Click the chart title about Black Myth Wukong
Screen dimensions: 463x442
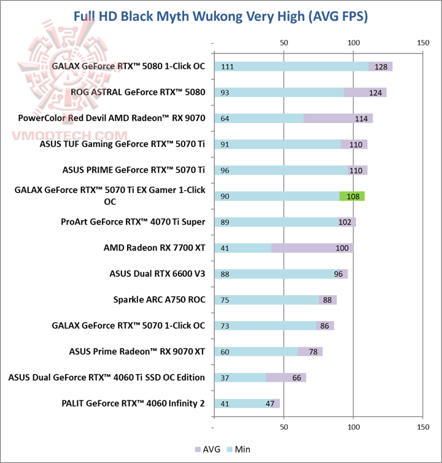point(221,16)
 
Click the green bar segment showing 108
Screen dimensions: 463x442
point(352,196)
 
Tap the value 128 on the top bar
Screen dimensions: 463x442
point(380,67)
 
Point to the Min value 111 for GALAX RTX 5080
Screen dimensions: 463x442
point(227,67)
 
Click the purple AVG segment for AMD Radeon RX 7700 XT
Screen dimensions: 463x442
point(312,248)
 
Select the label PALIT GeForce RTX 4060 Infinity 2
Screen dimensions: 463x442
point(133,403)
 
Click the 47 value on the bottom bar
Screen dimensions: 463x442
point(269,403)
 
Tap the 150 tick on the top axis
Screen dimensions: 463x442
point(422,43)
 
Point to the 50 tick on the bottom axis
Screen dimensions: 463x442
point(284,426)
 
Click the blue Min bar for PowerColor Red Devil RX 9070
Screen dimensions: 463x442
point(258,119)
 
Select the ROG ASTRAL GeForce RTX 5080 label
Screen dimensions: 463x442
point(138,92)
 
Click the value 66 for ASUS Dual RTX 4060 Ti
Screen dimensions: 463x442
point(296,378)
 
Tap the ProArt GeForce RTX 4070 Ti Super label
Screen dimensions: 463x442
point(133,222)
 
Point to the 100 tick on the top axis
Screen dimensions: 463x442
point(353,43)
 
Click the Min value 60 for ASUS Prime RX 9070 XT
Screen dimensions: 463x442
point(225,352)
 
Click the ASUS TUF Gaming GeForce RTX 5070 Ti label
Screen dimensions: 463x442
point(122,144)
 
